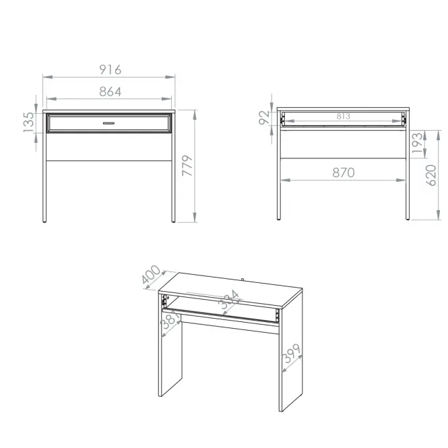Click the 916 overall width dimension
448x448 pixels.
[110, 69]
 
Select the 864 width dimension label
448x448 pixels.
[110, 92]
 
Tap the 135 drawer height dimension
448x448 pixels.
[29, 122]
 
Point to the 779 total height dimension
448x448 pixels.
[187, 166]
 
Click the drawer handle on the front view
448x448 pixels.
[109, 123]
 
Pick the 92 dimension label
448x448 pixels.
[264, 117]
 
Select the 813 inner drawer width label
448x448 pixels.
[343, 117]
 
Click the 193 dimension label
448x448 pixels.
[417, 143]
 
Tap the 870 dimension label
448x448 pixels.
[344, 172]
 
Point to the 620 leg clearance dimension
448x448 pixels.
[431, 175]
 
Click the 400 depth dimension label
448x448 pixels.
[151, 274]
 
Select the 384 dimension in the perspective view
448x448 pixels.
[229, 300]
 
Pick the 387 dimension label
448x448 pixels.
[170, 319]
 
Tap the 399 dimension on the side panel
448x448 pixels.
[291, 353]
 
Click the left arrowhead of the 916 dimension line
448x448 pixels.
[48, 77]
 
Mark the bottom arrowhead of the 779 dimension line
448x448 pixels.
[195, 218]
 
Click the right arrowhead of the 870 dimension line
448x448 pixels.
[401, 181]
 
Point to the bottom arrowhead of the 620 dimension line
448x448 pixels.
[439, 215]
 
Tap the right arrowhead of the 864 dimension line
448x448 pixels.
[166, 99]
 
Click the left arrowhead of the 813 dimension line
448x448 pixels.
[286, 121]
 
